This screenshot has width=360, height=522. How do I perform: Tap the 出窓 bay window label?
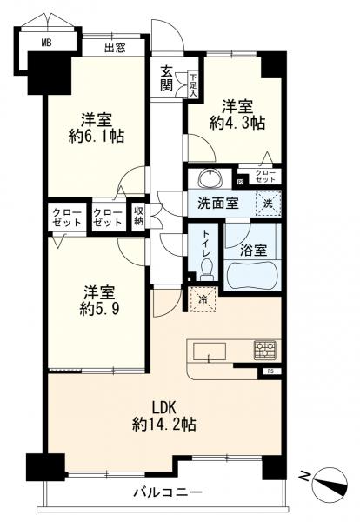(115, 48)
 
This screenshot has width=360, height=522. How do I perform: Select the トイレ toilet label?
(204, 244)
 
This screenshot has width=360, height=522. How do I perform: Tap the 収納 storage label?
(139, 216)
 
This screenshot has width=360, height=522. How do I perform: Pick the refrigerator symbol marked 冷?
(202, 300)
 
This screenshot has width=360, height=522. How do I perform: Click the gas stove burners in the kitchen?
(265, 351)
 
